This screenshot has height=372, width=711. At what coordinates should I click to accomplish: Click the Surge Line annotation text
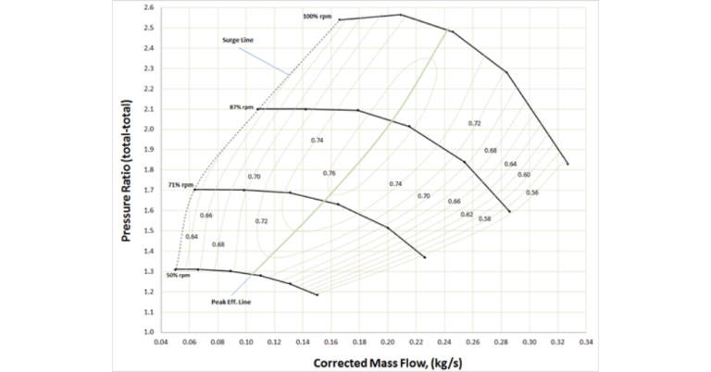[237, 40]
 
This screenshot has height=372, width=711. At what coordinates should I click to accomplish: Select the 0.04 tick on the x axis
[160, 341]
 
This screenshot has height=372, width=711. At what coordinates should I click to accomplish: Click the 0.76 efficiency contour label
[329, 173]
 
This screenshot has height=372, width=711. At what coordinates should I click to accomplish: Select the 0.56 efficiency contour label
[531, 192]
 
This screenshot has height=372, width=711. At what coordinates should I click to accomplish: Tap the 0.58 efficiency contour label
[484, 219]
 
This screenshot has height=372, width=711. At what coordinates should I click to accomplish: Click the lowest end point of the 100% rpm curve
[567, 164]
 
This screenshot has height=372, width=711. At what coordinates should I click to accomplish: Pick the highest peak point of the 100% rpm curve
[401, 15]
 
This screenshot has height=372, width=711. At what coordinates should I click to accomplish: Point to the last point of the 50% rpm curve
[317, 295]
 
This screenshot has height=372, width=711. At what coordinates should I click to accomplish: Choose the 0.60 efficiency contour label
[523, 174]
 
